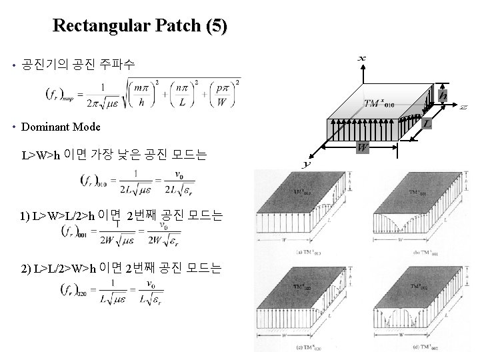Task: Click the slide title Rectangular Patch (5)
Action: tap(139, 26)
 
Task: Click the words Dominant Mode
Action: tap(61, 127)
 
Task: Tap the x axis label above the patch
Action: tap(361, 59)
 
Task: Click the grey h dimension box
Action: tap(443, 96)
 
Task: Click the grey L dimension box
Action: tap(426, 123)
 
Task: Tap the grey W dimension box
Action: tap(363, 147)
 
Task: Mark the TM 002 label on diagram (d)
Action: tap(413, 287)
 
